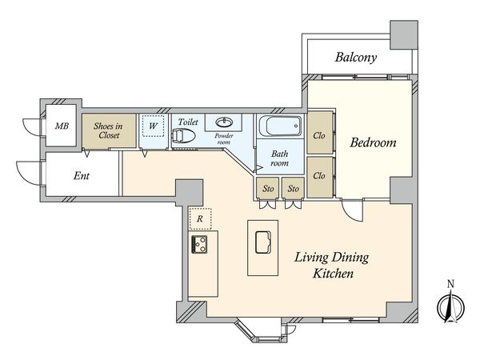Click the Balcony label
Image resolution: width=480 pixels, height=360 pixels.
tap(356, 58)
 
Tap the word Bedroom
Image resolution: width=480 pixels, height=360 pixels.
tap(373, 142)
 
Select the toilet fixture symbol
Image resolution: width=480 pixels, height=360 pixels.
tap(183, 136)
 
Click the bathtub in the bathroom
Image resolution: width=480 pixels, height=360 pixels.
tap(280, 126)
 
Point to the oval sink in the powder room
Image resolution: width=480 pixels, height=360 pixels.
tap(224, 122)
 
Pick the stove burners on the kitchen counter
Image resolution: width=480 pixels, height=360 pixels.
tap(199, 244)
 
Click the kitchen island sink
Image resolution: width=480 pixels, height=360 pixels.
tap(263, 242)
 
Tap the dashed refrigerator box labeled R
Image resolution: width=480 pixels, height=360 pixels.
tap(200, 219)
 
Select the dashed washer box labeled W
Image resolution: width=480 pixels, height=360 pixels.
tap(153, 126)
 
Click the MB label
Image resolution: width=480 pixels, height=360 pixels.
tap(62, 126)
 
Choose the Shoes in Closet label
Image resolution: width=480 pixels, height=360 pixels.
tap(108, 130)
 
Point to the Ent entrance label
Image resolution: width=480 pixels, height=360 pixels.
tap(82, 176)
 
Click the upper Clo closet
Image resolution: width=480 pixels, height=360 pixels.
tap(320, 133)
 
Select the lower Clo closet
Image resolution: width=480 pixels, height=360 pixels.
tap(320, 178)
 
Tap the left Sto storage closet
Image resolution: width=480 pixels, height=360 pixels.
tap(267, 188)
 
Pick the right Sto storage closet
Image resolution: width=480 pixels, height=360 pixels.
tap(293, 188)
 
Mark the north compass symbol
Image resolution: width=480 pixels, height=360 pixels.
tap(450, 306)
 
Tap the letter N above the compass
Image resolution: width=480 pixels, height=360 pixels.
tap(450, 284)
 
